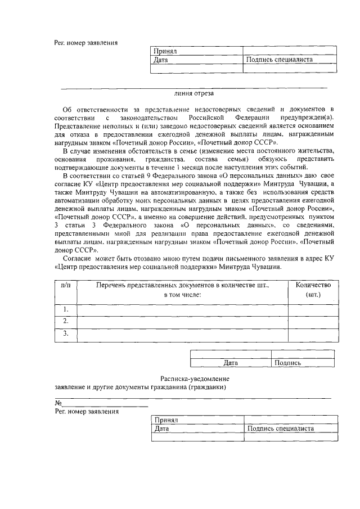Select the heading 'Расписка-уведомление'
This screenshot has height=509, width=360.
[194, 380]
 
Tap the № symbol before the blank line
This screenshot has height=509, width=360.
[57, 403]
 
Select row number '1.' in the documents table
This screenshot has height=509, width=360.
[65, 309]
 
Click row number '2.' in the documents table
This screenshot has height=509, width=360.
[65, 321]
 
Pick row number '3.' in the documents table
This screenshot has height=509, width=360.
[65, 334]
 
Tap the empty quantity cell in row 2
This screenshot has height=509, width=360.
[313, 321]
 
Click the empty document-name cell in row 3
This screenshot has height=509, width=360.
[182, 334]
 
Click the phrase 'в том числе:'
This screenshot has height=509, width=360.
[182, 295]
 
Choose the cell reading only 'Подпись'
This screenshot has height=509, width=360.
[287, 363]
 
